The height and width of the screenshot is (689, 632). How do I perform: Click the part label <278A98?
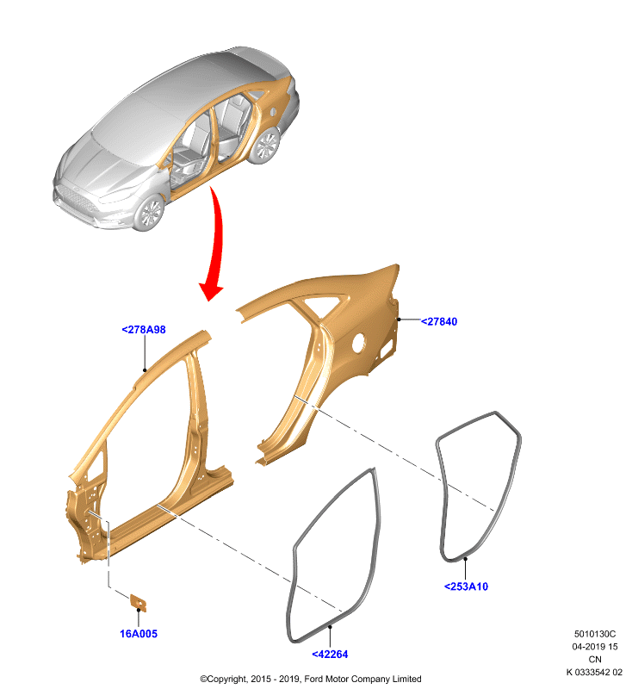[144, 330]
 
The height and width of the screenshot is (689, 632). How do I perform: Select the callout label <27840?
[439, 321]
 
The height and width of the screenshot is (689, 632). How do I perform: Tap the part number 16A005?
[139, 634]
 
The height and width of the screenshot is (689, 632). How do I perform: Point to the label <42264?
[330, 655]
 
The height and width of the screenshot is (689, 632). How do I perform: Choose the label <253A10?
[466, 587]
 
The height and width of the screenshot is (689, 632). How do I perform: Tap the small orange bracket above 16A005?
[139, 603]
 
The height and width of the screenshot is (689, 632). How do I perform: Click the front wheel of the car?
[149, 213]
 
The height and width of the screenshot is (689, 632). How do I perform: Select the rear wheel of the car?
[265, 146]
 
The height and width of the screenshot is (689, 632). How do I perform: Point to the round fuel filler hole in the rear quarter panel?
[359, 342]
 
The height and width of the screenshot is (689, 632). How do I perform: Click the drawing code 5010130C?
[595, 634]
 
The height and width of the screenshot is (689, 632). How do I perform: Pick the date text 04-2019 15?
[595, 647]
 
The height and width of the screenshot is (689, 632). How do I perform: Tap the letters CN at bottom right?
[595, 660]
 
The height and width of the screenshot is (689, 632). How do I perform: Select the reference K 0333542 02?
[594, 673]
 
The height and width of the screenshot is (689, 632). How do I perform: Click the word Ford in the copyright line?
[313, 679]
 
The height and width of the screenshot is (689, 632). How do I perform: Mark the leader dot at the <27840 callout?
[399, 320]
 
